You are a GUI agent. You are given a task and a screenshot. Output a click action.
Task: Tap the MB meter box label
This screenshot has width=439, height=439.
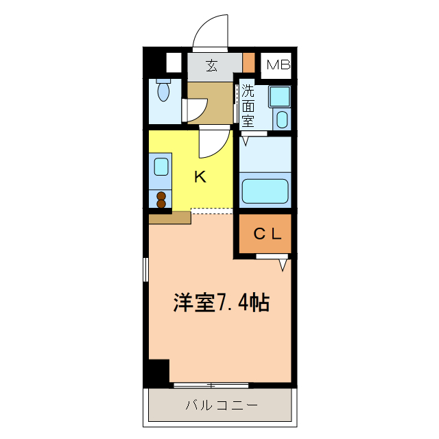(x=278, y=66)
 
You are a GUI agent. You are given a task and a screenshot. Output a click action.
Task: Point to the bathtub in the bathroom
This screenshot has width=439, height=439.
(x=265, y=190)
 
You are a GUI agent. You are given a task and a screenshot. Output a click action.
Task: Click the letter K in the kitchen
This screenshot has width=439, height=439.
(x=200, y=177)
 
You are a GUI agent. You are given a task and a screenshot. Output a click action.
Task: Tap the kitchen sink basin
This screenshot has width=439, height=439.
(x=161, y=166)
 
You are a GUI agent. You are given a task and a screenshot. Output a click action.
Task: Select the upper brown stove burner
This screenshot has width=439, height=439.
(x=161, y=195)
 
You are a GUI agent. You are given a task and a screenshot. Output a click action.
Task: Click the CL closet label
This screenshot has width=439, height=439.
(x=268, y=234)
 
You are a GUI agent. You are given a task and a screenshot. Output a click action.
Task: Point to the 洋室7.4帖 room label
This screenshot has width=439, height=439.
(x=220, y=302)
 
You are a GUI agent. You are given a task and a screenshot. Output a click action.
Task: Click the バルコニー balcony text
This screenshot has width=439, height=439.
(x=222, y=405)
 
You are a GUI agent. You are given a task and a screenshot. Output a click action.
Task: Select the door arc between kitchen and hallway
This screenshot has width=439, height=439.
(x=215, y=143)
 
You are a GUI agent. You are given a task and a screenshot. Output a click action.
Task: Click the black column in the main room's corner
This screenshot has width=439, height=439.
(x=158, y=371)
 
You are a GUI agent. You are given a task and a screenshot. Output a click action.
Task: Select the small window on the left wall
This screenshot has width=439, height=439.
(x=145, y=269)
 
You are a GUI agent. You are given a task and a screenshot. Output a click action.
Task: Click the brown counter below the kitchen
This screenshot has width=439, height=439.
(x=169, y=217)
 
